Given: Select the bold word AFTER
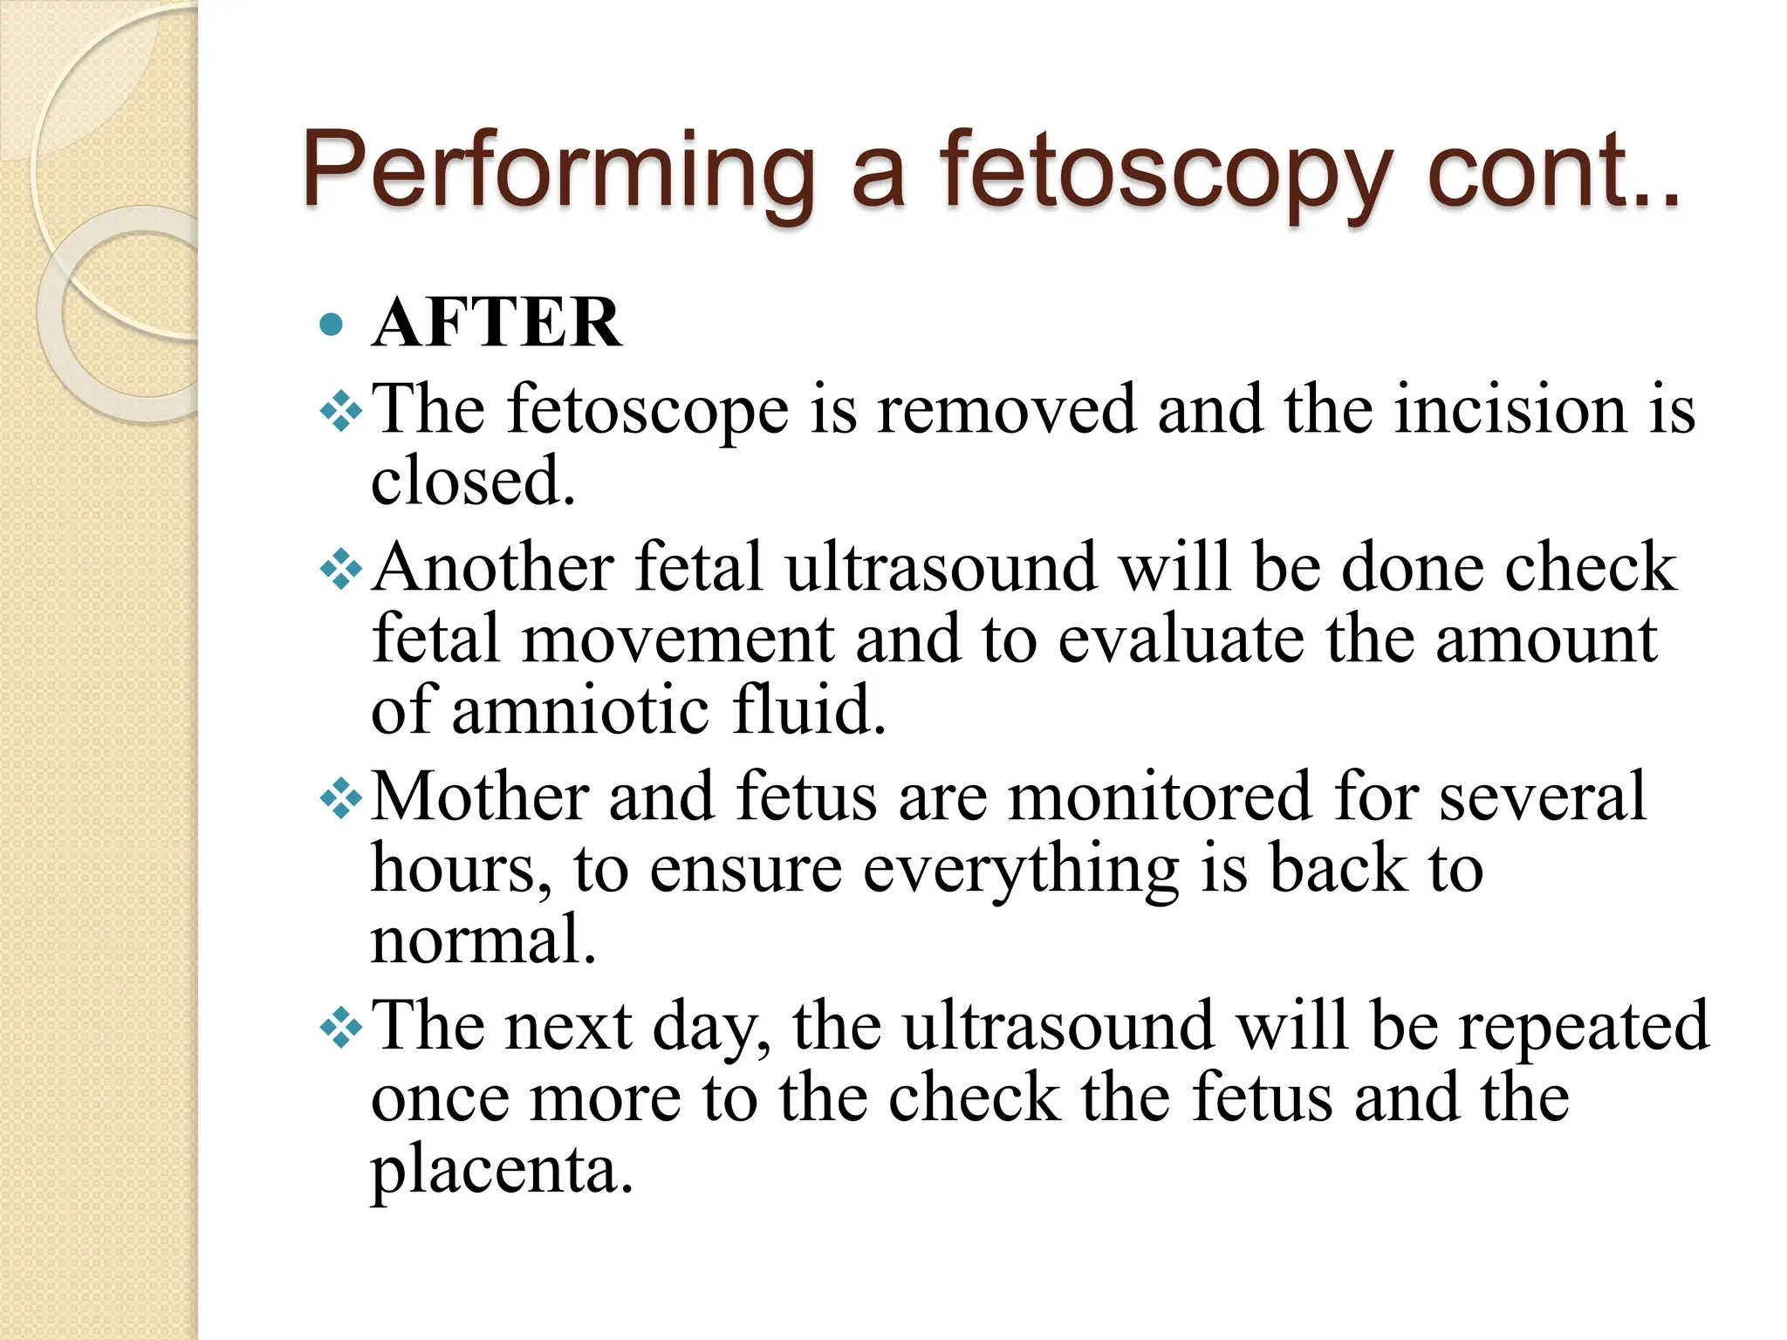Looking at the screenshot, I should coord(496,324).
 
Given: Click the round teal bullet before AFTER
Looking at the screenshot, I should coord(332,325).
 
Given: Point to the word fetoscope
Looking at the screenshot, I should coord(648,409).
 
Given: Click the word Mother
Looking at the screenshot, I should coord(480,796).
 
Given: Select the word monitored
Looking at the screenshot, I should coord(1159,796).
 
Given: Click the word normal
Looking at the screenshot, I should coord(483,940).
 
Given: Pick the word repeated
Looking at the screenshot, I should coord(1583,1027).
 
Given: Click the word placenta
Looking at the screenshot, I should coord(501,1170).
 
